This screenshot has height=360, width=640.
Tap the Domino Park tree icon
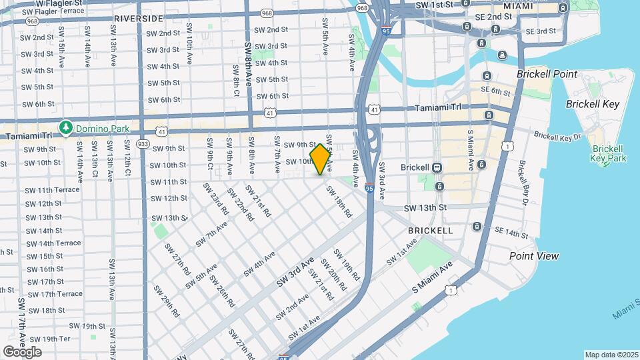[65, 127]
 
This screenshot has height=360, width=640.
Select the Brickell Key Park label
[608, 153]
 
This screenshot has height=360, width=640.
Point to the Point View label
[534, 256]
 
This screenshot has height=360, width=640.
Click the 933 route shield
[143, 144]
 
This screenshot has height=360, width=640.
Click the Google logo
[22, 351]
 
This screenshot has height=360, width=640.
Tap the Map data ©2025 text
[611, 355]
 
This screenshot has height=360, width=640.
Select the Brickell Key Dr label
[557, 137]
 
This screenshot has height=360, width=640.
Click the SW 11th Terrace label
[52, 190]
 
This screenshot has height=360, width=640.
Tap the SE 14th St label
[511, 233]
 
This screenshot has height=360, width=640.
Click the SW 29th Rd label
[167, 301]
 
